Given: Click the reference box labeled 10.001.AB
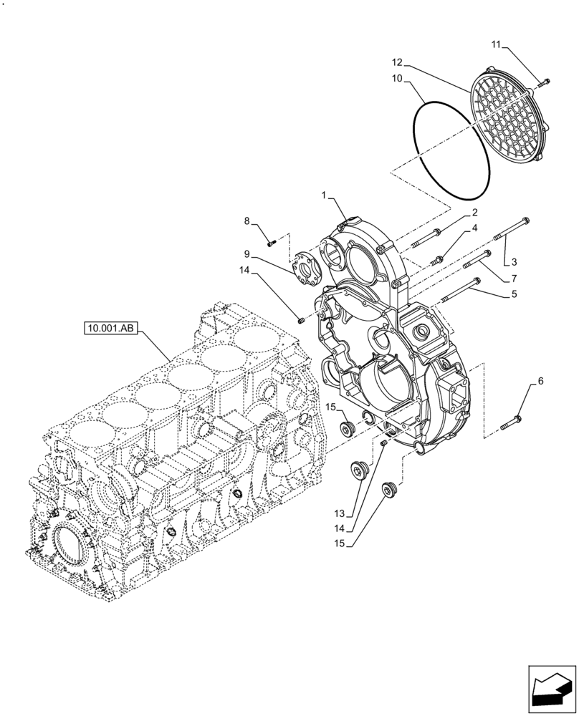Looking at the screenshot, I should (110, 329).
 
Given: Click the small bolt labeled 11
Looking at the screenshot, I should (542, 82).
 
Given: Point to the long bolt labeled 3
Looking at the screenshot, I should (510, 233).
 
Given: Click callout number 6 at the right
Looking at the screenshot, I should (540, 381).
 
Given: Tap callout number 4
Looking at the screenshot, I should (474, 228).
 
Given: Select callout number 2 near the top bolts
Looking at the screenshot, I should (474, 213).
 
